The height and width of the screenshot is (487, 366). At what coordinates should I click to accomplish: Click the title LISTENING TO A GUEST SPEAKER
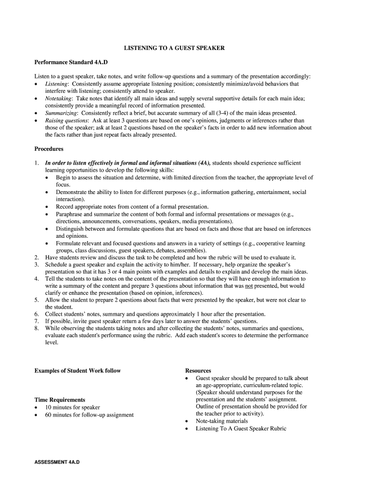click(x=174, y=48)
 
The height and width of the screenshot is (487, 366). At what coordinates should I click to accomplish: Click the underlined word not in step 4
click(x=249, y=286)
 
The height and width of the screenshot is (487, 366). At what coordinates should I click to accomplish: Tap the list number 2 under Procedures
click(x=37, y=257)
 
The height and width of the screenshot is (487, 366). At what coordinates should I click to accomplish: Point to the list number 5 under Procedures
click(x=37, y=300)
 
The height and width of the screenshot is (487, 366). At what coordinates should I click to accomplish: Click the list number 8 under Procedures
click(x=37, y=328)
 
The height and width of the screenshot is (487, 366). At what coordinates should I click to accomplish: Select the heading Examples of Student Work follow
click(x=77, y=370)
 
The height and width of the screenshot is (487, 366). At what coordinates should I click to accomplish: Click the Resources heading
click(x=198, y=370)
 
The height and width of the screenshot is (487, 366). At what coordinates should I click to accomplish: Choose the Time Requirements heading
click(x=60, y=400)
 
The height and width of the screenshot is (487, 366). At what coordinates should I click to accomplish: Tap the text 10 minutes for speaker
click(x=73, y=407)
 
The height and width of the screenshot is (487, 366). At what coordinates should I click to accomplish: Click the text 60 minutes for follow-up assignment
click(x=89, y=415)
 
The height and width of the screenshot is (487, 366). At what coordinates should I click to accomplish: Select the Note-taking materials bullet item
click(x=222, y=421)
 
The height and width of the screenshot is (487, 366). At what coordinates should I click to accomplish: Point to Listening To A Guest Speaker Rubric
click(x=241, y=429)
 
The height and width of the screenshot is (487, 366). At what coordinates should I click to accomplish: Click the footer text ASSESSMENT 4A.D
click(x=57, y=462)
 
